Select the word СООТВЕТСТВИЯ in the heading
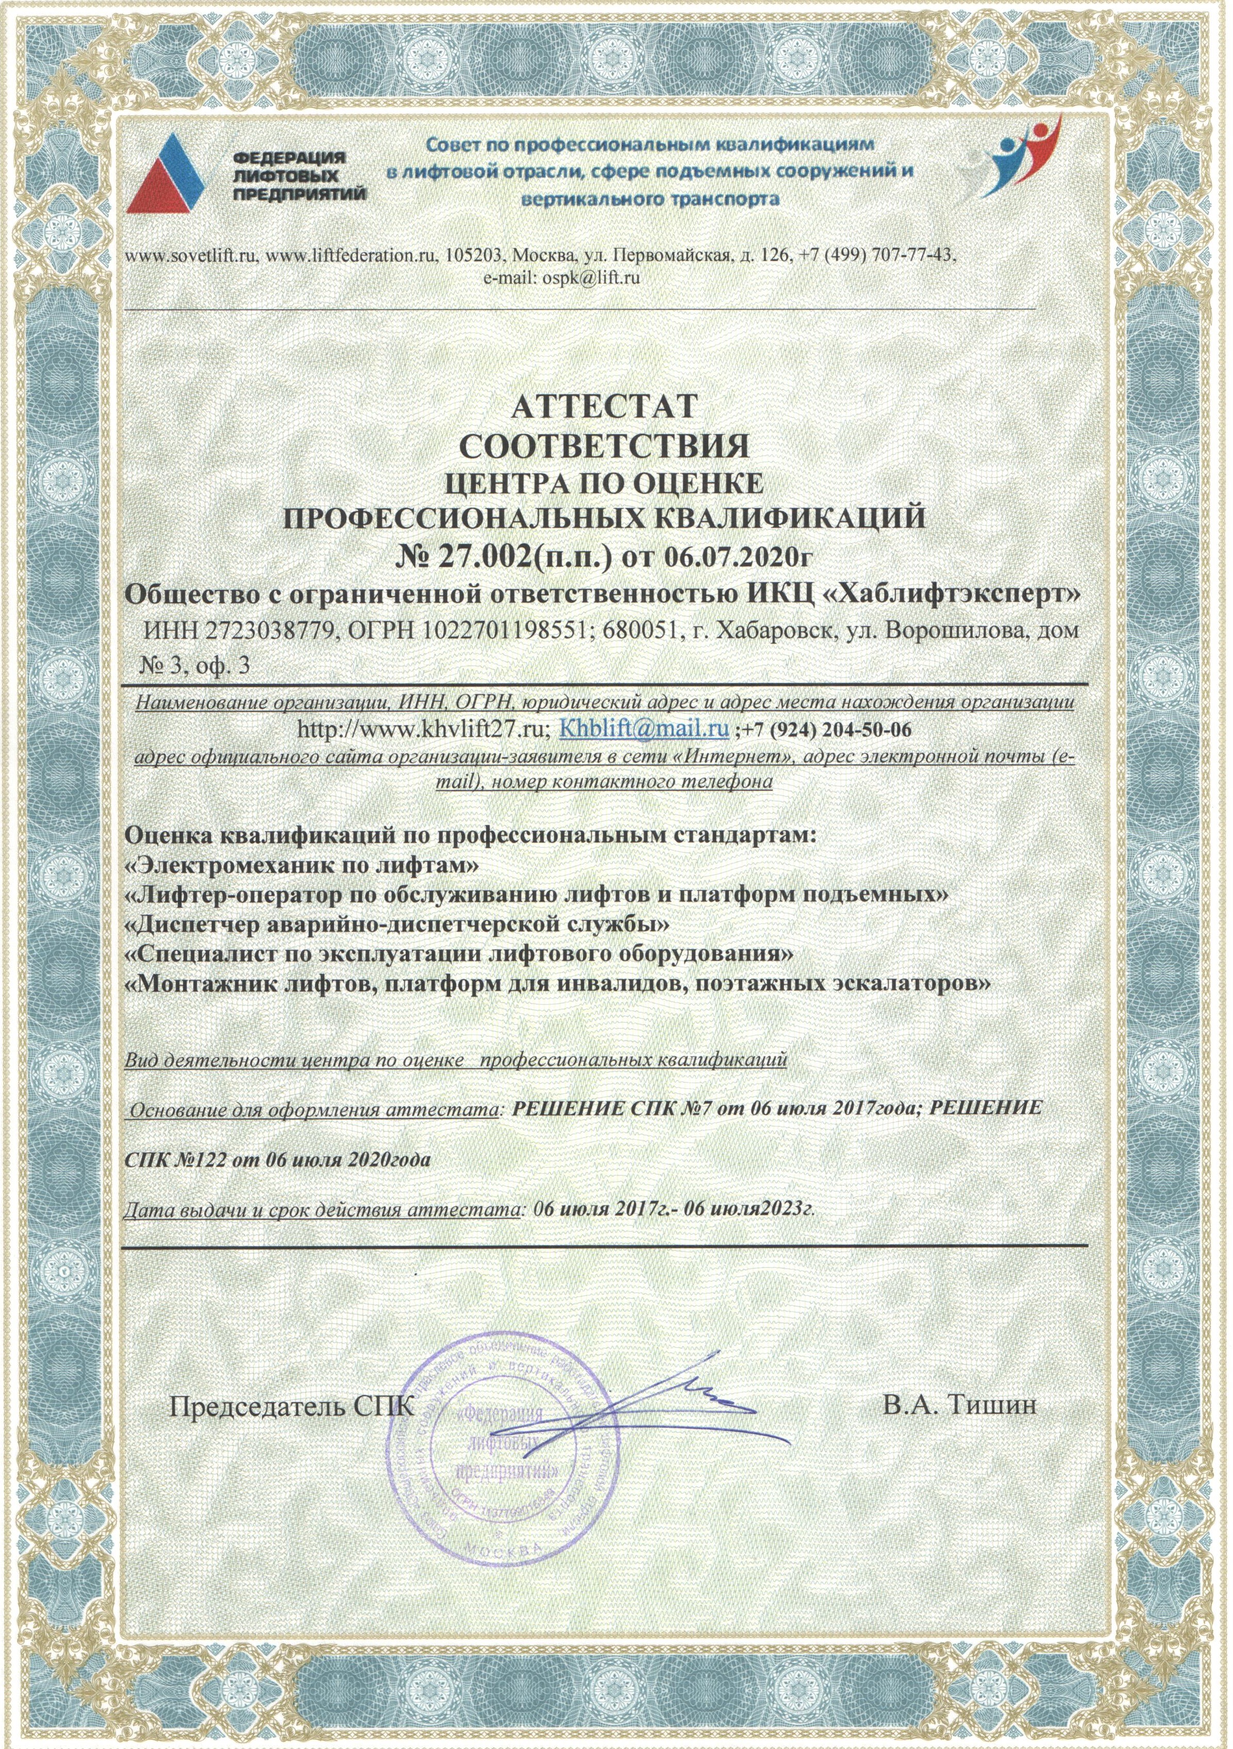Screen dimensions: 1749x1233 click(605, 445)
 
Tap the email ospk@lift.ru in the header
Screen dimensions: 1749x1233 click(590, 278)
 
